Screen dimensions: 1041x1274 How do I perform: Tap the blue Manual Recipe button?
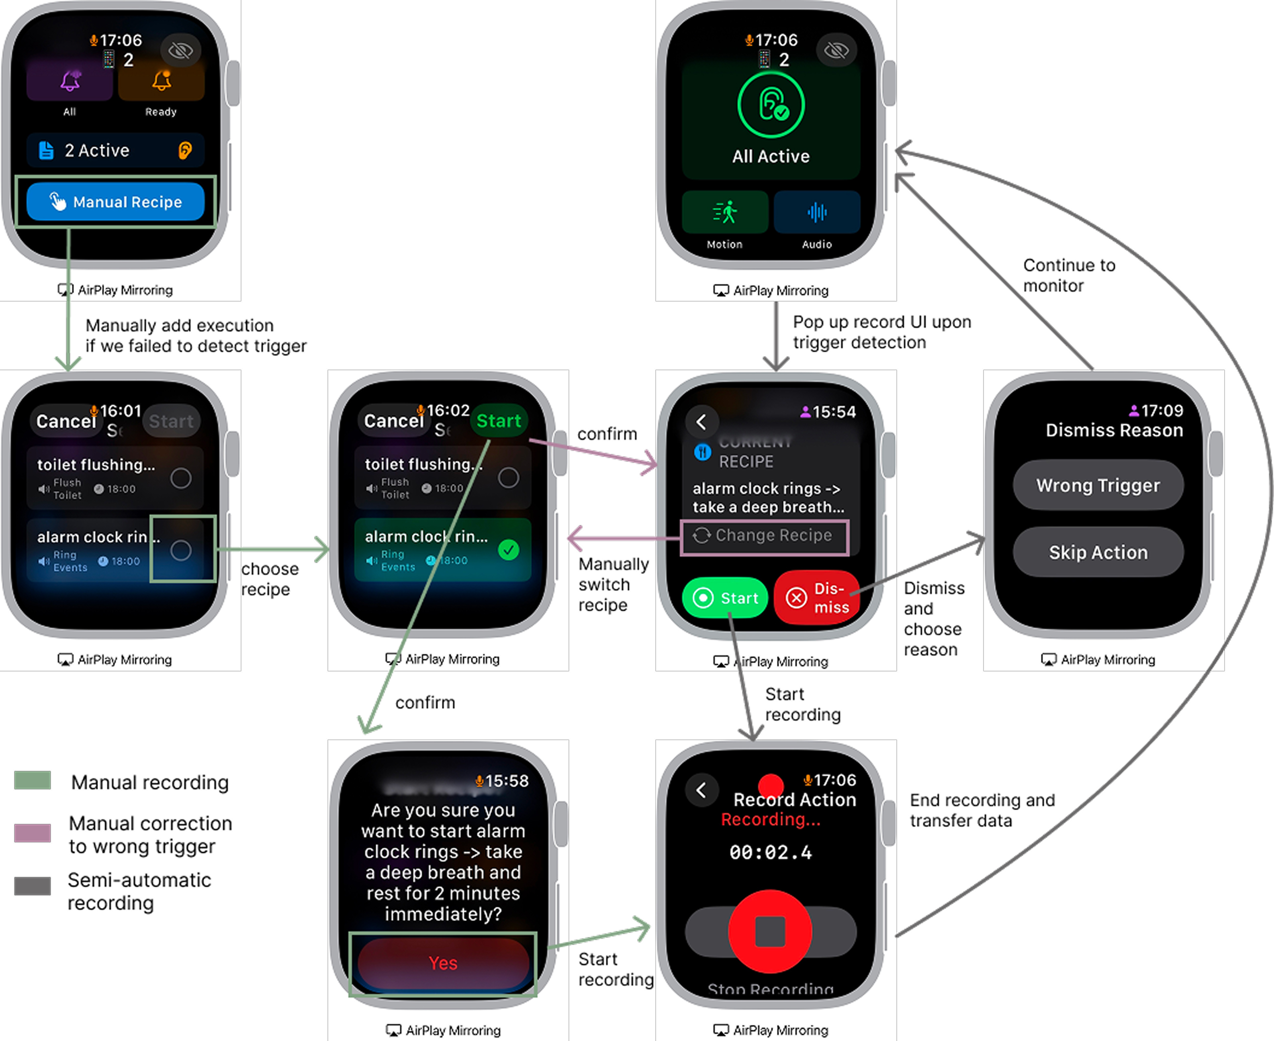pyautogui.click(x=115, y=202)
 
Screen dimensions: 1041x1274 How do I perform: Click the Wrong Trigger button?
pyautogui.click(x=1098, y=485)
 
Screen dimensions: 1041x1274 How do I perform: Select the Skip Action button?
pyautogui.click(x=1098, y=552)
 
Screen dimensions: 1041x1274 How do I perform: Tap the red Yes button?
pyautogui.click(x=443, y=963)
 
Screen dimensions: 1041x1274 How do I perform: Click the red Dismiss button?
pyautogui.click(x=816, y=598)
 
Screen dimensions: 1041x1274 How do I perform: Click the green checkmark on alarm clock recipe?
pyautogui.click(x=509, y=550)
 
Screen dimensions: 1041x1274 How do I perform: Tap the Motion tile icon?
pyautogui.click(x=724, y=212)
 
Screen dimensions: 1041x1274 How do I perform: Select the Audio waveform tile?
pyautogui.click(x=817, y=212)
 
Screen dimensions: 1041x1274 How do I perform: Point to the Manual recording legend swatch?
pyautogui.click(x=33, y=780)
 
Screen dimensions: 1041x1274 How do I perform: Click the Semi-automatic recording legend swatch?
pyautogui.click(x=33, y=886)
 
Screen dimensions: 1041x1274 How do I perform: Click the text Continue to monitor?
pyautogui.click(x=1068, y=275)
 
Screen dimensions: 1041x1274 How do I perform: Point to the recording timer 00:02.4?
pyautogui.click(x=770, y=852)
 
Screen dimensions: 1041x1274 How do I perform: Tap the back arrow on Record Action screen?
pyautogui.click(x=701, y=790)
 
